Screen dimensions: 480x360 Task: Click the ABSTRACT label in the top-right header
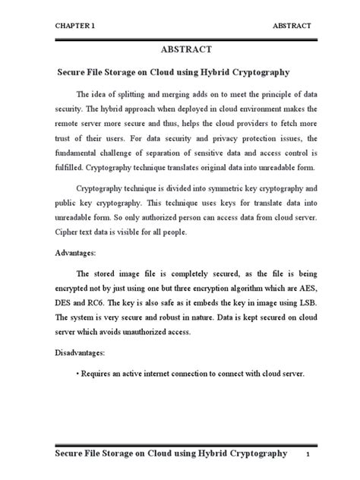coord(292,25)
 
